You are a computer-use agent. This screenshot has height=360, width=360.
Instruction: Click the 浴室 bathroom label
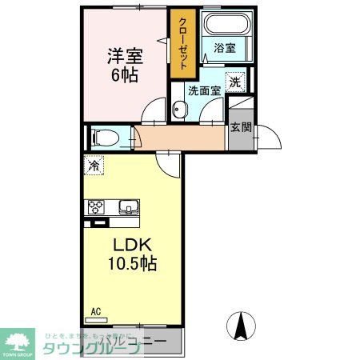pos(225,48)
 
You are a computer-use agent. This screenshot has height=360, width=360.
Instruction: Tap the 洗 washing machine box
pos(234,81)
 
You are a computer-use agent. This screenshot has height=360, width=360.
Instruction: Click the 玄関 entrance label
pos(240,126)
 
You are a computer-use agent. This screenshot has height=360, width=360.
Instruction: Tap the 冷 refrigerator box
pos(94,167)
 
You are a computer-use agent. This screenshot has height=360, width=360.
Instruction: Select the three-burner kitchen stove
pos(98,207)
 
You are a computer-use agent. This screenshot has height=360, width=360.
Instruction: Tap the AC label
pos(95,310)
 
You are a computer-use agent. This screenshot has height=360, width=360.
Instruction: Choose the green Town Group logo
pos(20,340)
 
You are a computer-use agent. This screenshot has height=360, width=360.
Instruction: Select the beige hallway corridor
pos(180,138)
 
